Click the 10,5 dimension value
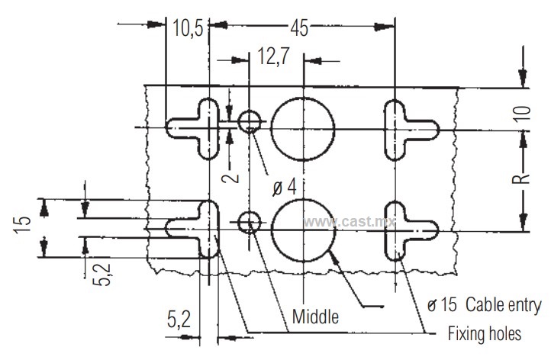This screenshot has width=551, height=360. coord(188,27)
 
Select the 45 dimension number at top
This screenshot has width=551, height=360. coord(299,28)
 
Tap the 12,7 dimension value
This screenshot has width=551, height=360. coord(274,56)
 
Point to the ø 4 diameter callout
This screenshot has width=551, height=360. coord(285,187)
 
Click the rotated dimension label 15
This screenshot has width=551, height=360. coord(22,225)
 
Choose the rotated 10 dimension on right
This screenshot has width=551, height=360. coord(523,114)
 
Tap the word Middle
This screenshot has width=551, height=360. coord(315,317)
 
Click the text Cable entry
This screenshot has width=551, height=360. coord(503,305)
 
